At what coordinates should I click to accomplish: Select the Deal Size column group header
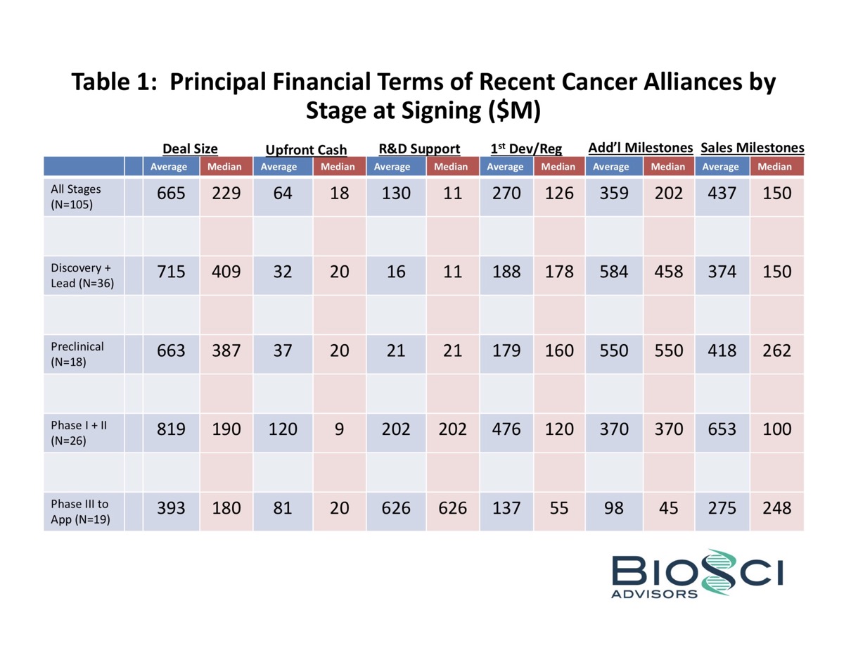(x=190, y=148)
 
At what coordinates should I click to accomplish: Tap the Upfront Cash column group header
(x=306, y=150)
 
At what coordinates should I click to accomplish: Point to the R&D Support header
(x=419, y=148)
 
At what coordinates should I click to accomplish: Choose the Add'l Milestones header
(x=640, y=148)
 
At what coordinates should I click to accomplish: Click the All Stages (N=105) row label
(x=76, y=196)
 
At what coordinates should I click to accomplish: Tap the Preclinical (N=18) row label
(x=77, y=353)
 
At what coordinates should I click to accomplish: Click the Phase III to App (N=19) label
(x=80, y=511)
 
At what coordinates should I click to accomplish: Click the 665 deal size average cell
(x=172, y=194)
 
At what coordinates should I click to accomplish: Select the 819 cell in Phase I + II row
(x=172, y=429)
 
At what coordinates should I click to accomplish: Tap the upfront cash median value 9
(x=340, y=429)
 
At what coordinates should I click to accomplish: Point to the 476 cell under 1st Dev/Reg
(x=506, y=429)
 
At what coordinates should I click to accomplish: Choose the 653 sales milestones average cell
(x=722, y=429)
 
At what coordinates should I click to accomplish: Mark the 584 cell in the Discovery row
(x=613, y=272)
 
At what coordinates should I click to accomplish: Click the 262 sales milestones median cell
(x=776, y=350)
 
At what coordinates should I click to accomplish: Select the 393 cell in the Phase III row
(x=172, y=508)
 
